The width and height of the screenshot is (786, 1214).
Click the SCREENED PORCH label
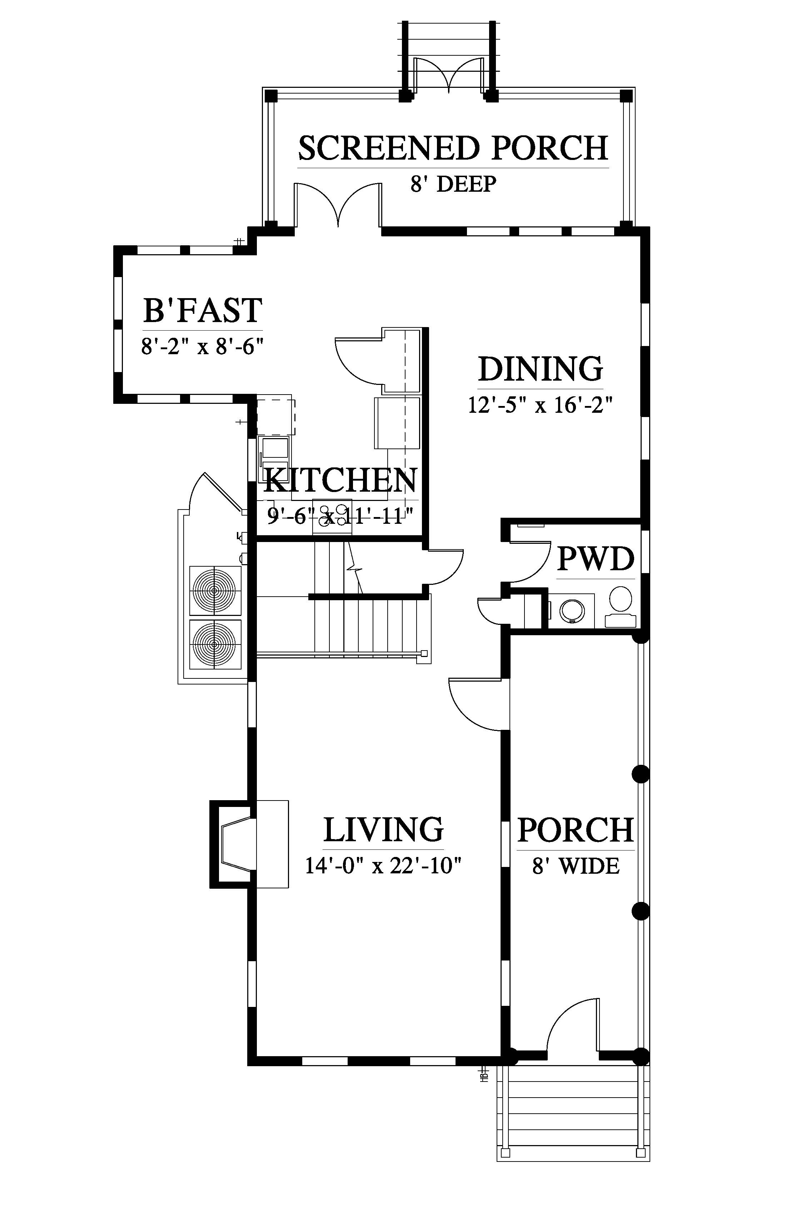[453, 148]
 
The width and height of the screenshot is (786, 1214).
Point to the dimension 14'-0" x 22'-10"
[383, 866]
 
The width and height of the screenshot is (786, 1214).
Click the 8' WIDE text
[576, 866]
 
